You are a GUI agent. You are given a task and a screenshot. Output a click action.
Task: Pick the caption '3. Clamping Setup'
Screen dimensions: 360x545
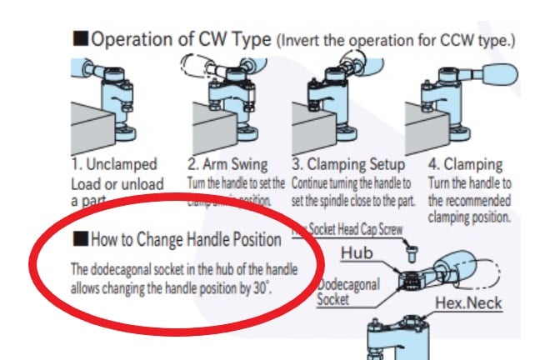point(351,165)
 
